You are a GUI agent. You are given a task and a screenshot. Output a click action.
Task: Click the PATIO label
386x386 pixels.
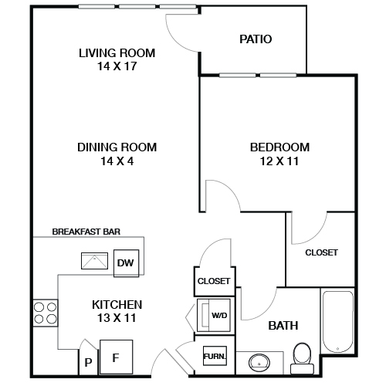coord(256,39)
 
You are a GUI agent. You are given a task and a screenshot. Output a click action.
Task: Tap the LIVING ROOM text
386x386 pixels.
coord(117,53)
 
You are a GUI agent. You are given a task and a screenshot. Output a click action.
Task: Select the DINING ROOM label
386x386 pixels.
coord(117,147)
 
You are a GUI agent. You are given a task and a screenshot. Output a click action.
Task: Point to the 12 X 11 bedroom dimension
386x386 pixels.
coord(279,161)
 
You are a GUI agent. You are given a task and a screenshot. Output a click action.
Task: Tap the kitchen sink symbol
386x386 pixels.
coord(96,260)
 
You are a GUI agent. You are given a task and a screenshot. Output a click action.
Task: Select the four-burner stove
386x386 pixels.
coord(46,312)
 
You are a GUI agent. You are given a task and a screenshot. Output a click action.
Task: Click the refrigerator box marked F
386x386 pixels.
coord(116,357)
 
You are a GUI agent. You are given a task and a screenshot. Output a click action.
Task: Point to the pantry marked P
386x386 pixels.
coord(88,361)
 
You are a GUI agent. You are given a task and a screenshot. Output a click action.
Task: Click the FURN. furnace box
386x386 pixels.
coord(214,357)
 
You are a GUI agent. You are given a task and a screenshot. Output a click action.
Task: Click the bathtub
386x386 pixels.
coord(337,320)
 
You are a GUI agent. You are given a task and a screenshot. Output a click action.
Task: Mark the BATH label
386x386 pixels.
coord(283,326)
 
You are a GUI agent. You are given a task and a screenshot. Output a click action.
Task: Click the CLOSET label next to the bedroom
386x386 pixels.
coord(321,252)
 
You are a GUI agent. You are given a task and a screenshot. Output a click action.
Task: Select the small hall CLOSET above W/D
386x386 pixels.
coord(213,281)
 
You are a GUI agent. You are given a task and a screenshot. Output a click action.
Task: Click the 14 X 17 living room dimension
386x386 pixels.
coord(117,66)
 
